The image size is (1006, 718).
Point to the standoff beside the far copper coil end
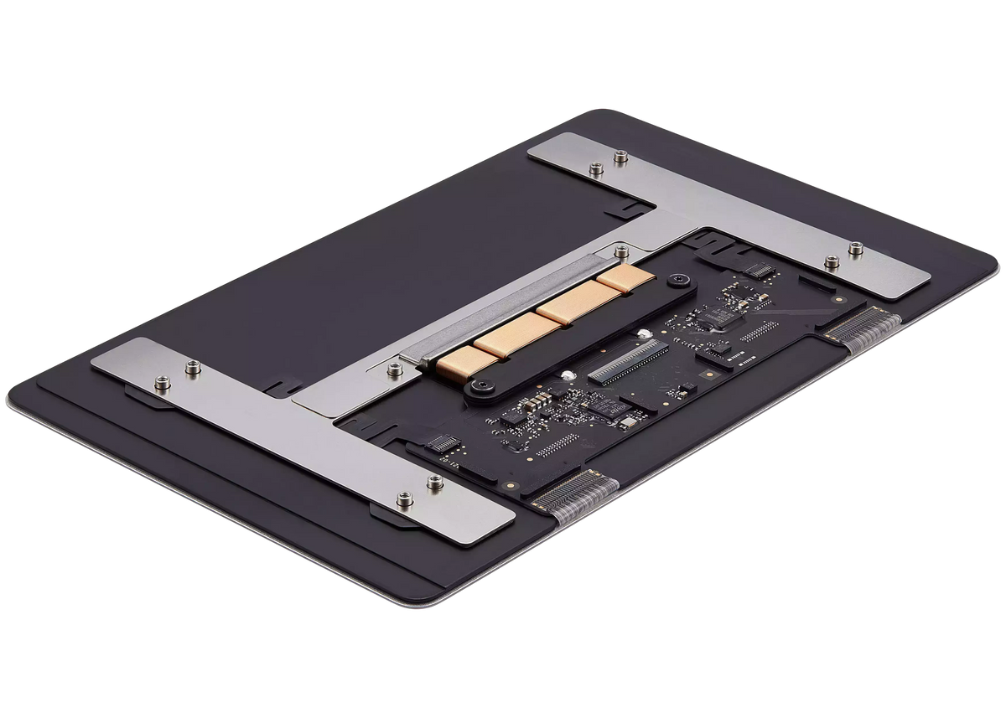pyautogui.click(x=620, y=249)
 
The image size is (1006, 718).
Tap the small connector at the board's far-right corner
pyautogui.click(x=758, y=271)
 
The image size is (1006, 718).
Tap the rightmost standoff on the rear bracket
pyautogui.click(x=854, y=247)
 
